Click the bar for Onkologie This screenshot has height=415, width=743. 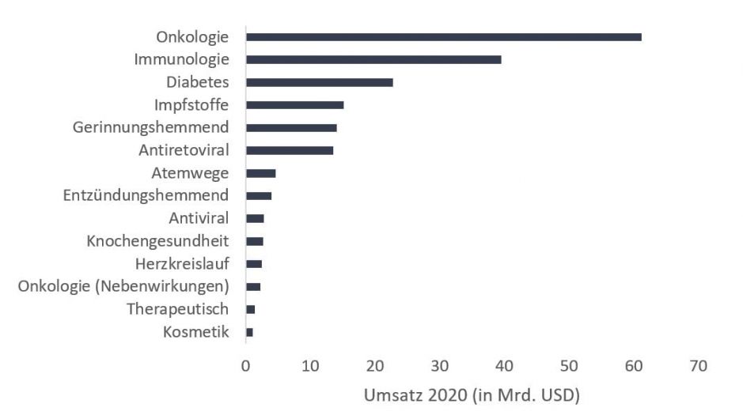coord(443,36)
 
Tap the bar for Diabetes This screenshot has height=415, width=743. coord(320,82)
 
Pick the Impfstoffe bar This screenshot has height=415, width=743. coord(294,104)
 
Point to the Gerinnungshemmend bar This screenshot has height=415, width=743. coord(291,127)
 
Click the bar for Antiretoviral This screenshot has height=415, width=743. coord(290,150)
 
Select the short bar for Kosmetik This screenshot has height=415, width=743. coord(249,333)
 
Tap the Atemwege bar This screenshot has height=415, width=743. coord(260,172)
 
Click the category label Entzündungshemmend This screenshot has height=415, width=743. coord(146,195)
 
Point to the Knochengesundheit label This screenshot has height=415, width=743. coord(157,241)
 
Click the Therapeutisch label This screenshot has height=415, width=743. coord(178,309)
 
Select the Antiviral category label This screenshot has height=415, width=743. coord(199,218)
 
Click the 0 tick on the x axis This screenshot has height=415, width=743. coord(246,366)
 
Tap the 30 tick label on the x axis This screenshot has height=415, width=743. coord(440,366)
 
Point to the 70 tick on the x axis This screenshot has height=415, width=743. coord(698,366)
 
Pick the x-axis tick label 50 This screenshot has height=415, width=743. coord(569,366)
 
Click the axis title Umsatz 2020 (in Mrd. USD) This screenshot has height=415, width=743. coord(472,394)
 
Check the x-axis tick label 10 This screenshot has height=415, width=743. coord(310,366)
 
